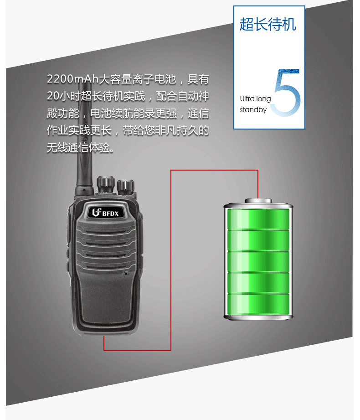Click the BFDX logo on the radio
pyautogui.click(x=105, y=213)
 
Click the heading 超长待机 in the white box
pyautogui.click(x=268, y=24)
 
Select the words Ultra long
pyautogui.click(x=255, y=99)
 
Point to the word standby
pyautogui.click(x=253, y=109)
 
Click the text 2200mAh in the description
pyautogui.click(x=73, y=79)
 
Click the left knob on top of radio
pyautogui.click(x=105, y=184)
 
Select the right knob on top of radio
pyautogui.click(x=125, y=187)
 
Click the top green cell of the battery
pyautogui.click(x=258, y=219)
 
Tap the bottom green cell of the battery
pyautogui.click(x=258, y=304)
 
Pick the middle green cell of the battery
pyautogui.click(x=258, y=262)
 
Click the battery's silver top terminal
pyautogui.click(x=258, y=201)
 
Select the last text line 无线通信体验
pyautogui.click(x=80, y=148)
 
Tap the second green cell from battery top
pyautogui.click(x=258, y=240)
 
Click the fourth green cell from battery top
pyautogui.click(x=258, y=283)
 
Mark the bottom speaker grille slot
pyautogui.click(x=106, y=266)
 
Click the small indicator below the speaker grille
pyautogui.click(x=125, y=274)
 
